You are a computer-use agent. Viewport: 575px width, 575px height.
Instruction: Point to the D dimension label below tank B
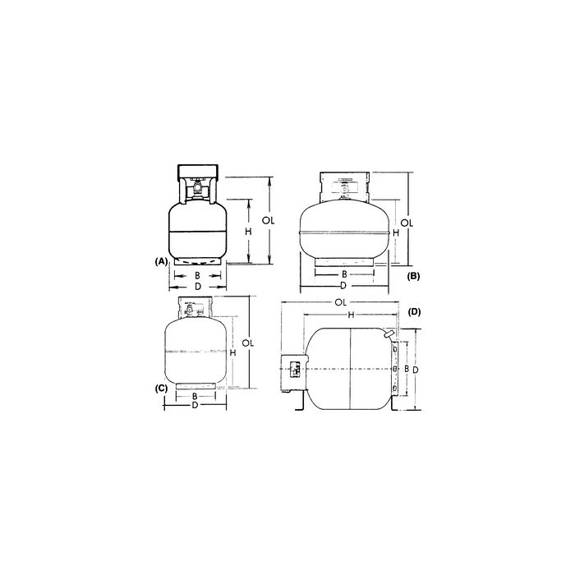pos(343,285)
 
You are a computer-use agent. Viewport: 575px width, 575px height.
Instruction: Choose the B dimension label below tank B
pos(343,274)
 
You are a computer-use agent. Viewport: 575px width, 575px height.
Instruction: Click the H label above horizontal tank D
pos(350,315)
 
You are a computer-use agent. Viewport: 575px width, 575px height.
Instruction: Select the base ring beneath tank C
pos(195,384)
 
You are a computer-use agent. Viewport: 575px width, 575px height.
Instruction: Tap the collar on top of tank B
pos(343,185)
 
